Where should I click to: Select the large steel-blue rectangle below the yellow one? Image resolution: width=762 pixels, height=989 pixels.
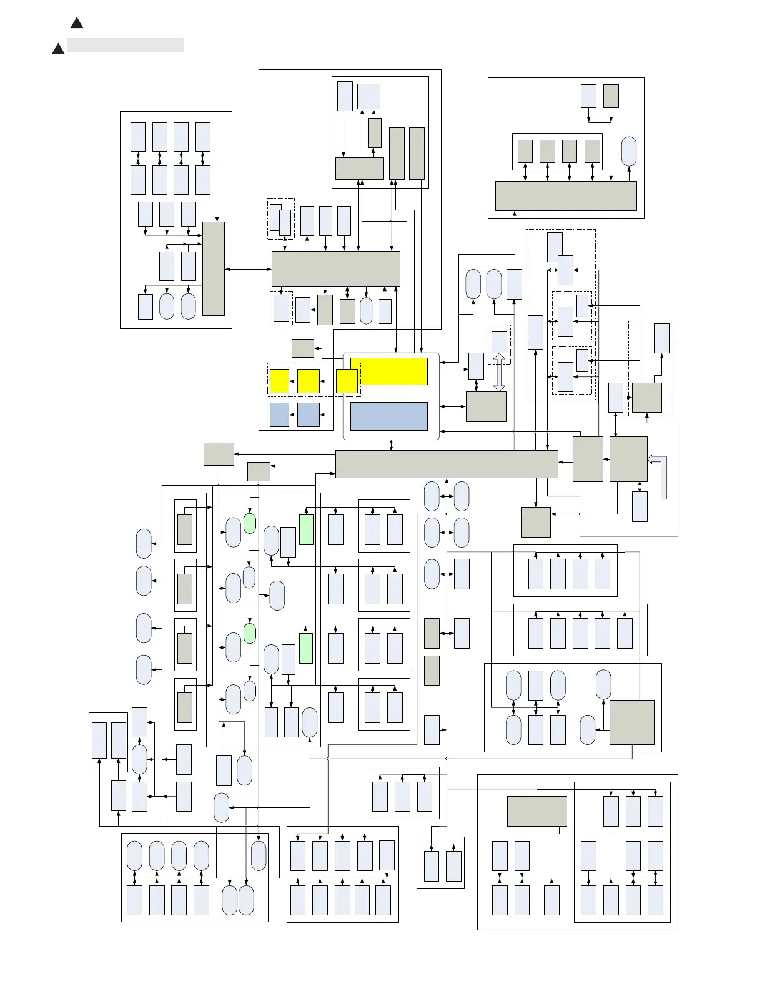388,416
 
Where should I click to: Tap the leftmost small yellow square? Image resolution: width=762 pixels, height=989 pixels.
279,381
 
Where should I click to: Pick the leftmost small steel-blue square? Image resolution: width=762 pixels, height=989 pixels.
279,415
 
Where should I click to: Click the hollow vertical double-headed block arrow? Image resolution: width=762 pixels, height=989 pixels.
499,372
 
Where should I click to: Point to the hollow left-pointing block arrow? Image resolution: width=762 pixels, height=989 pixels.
657,460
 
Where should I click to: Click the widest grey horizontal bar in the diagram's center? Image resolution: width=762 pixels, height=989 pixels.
447,464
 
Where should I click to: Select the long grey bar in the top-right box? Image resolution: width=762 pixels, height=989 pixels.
566,196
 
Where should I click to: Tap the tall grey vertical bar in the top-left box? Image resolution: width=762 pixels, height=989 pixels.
214,268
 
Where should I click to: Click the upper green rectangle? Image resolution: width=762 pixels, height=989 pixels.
306,529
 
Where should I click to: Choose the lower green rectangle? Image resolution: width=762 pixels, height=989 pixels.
306,648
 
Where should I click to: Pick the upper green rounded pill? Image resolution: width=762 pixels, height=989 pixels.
250,523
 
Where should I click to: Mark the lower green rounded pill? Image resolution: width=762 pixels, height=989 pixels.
250,633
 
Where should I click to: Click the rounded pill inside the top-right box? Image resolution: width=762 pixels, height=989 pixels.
630,152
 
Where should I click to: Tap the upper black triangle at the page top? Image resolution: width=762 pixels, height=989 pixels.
76,23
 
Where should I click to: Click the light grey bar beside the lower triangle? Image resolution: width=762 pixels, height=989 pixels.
126,45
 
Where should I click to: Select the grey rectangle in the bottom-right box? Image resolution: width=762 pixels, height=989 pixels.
537,811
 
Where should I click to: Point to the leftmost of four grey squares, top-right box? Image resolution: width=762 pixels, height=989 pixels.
525,151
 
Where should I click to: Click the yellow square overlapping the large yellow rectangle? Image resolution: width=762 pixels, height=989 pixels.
347,381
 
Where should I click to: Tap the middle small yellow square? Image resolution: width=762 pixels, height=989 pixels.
309,381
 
